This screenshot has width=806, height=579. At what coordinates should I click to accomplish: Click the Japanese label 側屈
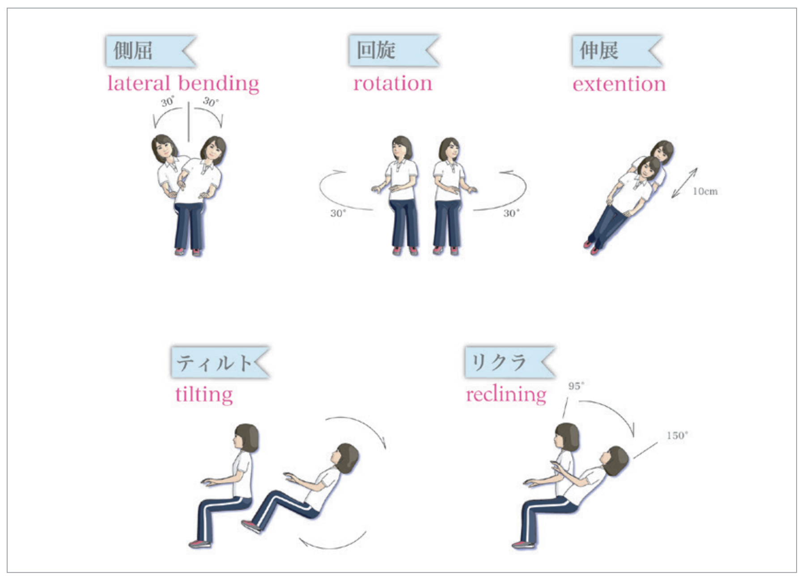(x=133, y=50)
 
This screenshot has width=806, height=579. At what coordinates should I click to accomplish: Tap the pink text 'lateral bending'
(x=183, y=84)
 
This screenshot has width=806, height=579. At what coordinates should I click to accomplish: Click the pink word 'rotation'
(x=393, y=84)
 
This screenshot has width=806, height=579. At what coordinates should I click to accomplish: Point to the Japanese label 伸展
(x=599, y=50)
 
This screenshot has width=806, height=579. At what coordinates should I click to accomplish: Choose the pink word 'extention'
(x=619, y=85)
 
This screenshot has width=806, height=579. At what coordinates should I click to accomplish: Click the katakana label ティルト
(x=214, y=362)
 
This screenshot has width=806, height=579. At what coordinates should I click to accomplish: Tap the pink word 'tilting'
(x=204, y=395)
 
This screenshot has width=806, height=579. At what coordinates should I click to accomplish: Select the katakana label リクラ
(x=499, y=362)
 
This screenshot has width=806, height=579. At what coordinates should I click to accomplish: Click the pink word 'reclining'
(x=506, y=395)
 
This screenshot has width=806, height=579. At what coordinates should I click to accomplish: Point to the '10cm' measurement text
(x=705, y=192)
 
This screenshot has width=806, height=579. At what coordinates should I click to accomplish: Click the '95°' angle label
(x=576, y=386)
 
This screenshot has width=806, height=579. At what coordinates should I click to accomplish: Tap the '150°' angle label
(x=677, y=435)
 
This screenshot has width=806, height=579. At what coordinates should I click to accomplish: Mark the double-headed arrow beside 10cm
(x=684, y=183)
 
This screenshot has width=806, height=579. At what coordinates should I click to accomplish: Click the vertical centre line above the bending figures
(x=189, y=121)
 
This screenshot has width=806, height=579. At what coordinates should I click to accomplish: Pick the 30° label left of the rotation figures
(x=338, y=213)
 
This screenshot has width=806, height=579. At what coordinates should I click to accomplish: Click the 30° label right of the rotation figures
(x=511, y=213)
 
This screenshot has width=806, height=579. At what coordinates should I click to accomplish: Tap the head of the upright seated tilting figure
(x=246, y=437)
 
